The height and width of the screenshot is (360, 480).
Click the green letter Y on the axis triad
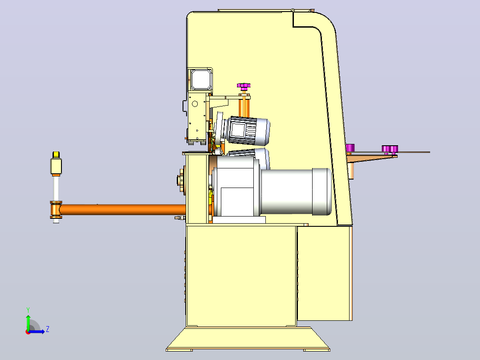(28, 310)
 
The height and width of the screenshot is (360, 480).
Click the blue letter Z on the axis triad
(48, 329)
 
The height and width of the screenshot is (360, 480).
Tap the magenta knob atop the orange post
(244, 86)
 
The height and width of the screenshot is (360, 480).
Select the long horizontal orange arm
(122, 209)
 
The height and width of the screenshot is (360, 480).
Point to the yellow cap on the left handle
(56, 155)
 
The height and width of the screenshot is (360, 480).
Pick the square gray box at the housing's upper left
(200, 79)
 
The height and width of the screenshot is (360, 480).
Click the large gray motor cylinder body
(295, 192)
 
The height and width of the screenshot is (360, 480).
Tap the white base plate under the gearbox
(239, 220)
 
